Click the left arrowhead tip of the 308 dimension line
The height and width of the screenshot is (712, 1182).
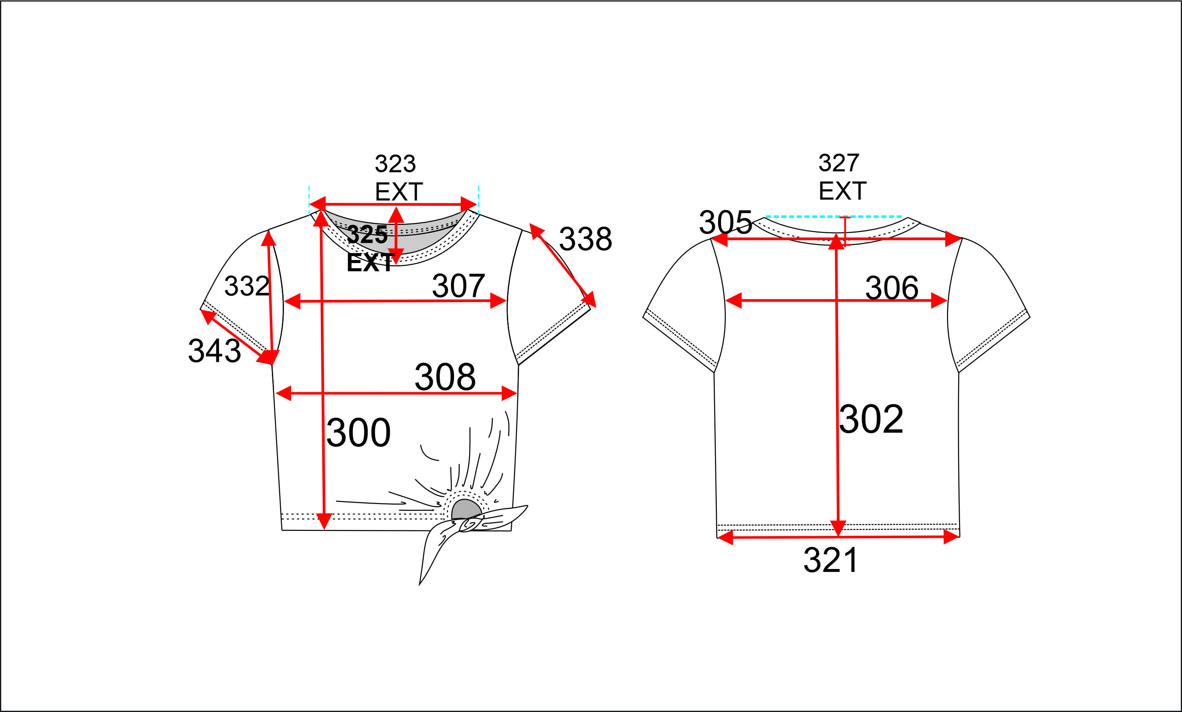click(x=276, y=393)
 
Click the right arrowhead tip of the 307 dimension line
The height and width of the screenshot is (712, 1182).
click(x=506, y=301)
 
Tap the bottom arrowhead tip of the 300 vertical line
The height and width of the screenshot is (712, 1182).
click(x=324, y=529)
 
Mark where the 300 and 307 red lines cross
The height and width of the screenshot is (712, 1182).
click(x=322, y=301)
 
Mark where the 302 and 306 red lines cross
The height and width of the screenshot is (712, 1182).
click(x=836, y=301)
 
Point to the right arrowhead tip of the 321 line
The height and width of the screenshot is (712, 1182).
click(x=960, y=536)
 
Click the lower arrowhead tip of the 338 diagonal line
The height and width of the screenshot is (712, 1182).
click(x=596, y=307)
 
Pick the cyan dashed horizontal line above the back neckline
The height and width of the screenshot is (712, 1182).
click(x=834, y=217)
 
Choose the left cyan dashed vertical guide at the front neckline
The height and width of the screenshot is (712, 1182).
click(x=309, y=199)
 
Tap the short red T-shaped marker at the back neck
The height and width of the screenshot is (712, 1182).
click(x=845, y=231)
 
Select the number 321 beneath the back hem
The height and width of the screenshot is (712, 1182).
click(x=831, y=560)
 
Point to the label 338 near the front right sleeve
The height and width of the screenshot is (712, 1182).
click(x=586, y=239)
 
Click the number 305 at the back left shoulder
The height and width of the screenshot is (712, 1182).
click(x=725, y=222)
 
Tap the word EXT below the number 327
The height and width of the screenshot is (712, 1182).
click(x=842, y=191)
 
